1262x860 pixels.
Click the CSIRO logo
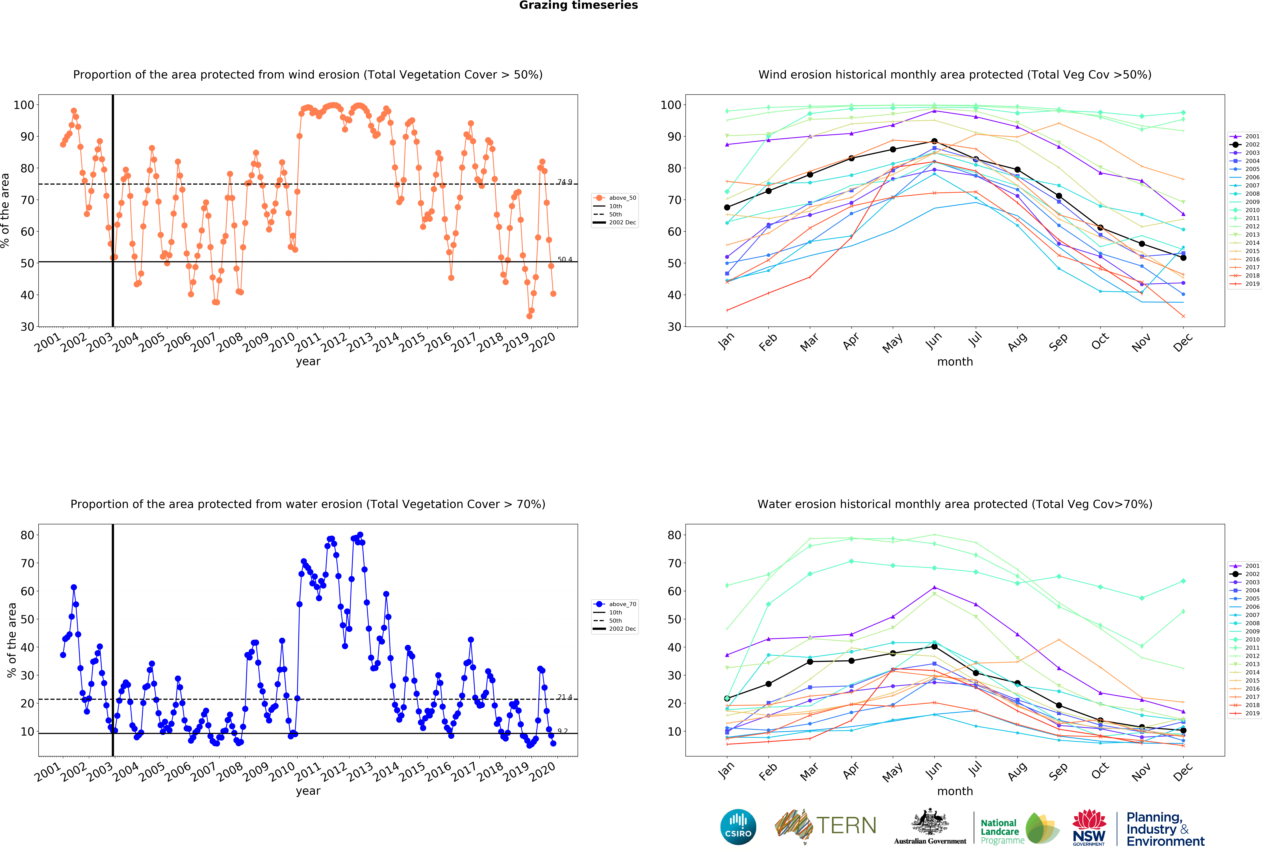738,827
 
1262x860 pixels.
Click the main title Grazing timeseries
578,5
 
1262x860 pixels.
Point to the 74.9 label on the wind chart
565,182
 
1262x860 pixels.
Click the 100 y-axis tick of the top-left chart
24,105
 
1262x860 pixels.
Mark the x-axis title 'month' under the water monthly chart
955,791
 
